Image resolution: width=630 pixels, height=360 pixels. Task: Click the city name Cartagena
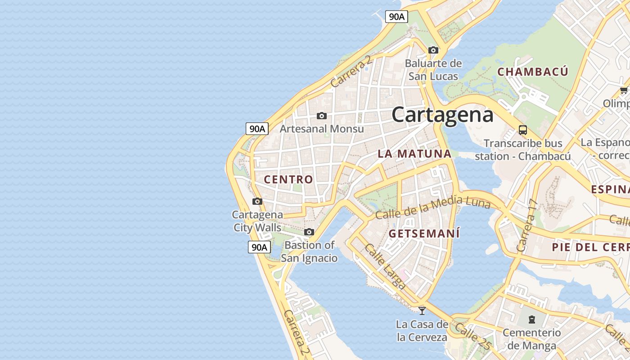click(442, 114)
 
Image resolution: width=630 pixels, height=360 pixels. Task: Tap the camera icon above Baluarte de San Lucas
click(433, 50)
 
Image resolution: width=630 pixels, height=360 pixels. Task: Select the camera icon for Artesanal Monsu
click(321, 116)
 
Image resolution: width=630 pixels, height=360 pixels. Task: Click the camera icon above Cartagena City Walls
click(257, 201)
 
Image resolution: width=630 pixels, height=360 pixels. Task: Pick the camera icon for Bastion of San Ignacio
click(309, 232)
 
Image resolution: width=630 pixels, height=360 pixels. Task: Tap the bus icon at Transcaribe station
click(522, 130)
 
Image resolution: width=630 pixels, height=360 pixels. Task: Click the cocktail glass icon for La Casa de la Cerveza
click(422, 310)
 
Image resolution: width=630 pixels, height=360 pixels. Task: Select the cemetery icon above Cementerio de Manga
click(532, 319)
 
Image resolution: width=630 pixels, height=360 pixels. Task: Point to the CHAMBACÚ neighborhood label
click(533, 72)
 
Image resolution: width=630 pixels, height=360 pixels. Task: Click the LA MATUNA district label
click(414, 154)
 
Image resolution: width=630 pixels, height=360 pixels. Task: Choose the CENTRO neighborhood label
click(288, 180)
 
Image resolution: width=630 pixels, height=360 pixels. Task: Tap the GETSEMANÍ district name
click(424, 234)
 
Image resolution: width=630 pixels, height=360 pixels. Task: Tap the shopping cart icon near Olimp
click(624, 90)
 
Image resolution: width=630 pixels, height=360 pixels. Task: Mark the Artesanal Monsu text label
click(322, 129)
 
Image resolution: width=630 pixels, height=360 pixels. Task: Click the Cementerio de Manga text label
click(532, 339)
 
